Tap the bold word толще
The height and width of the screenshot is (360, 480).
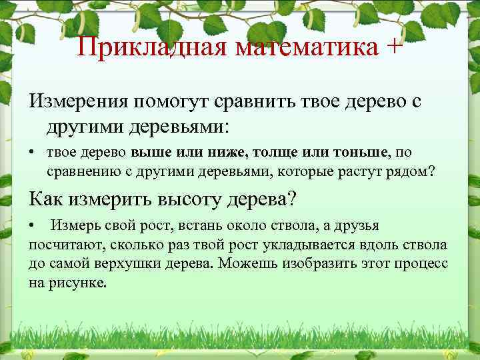click(x=273, y=153)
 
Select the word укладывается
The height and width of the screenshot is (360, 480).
click(x=297, y=245)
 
